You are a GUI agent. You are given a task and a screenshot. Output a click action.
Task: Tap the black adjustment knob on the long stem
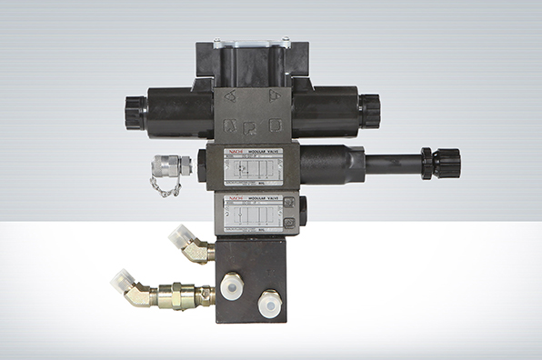pyautogui.click(x=446, y=164)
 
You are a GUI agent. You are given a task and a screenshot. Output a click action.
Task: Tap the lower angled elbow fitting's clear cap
pyautogui.click(x=124, y=282)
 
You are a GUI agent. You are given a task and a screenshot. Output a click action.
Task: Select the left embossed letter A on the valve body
pyautogui.click(x=230, y=95)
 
